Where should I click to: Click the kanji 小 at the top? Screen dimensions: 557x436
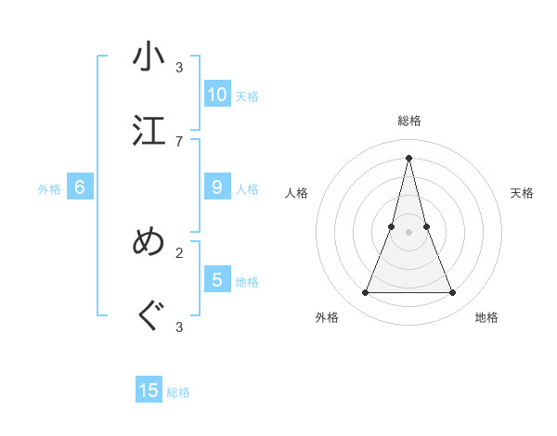click(x=149, y=58)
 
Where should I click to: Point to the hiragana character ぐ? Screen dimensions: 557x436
click(x=149, y=316)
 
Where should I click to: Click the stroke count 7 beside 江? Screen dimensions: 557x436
click(x=179, y=141)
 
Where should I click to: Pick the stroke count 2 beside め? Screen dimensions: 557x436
click(x=179, y=251)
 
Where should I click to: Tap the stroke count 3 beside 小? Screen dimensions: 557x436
click(x=179, y=67)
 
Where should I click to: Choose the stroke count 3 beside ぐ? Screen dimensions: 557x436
click(x=179, y=327)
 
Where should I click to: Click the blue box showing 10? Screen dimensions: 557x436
click(x=217, y=94)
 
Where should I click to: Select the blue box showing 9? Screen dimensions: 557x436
click(x=217, y=187)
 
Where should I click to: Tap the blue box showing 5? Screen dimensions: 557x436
click(x=217, y=279)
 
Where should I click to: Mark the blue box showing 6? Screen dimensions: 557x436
click(x=80, y=187)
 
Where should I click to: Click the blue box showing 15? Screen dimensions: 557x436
click(x=149, y=391)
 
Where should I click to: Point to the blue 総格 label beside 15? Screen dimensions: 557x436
click(x=178, y=392)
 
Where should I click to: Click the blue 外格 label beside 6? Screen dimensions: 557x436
click(x=49, y=189)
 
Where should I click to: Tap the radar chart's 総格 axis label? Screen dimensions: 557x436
click(x=408, y=121)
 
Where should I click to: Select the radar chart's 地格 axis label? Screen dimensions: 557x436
click(x=486, y=317)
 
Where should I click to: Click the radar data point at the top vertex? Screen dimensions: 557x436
click(x=408, y=157)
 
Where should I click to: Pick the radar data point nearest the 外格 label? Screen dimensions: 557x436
click(x=365, y=293)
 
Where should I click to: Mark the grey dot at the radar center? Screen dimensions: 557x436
click(x=408, y=233)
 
